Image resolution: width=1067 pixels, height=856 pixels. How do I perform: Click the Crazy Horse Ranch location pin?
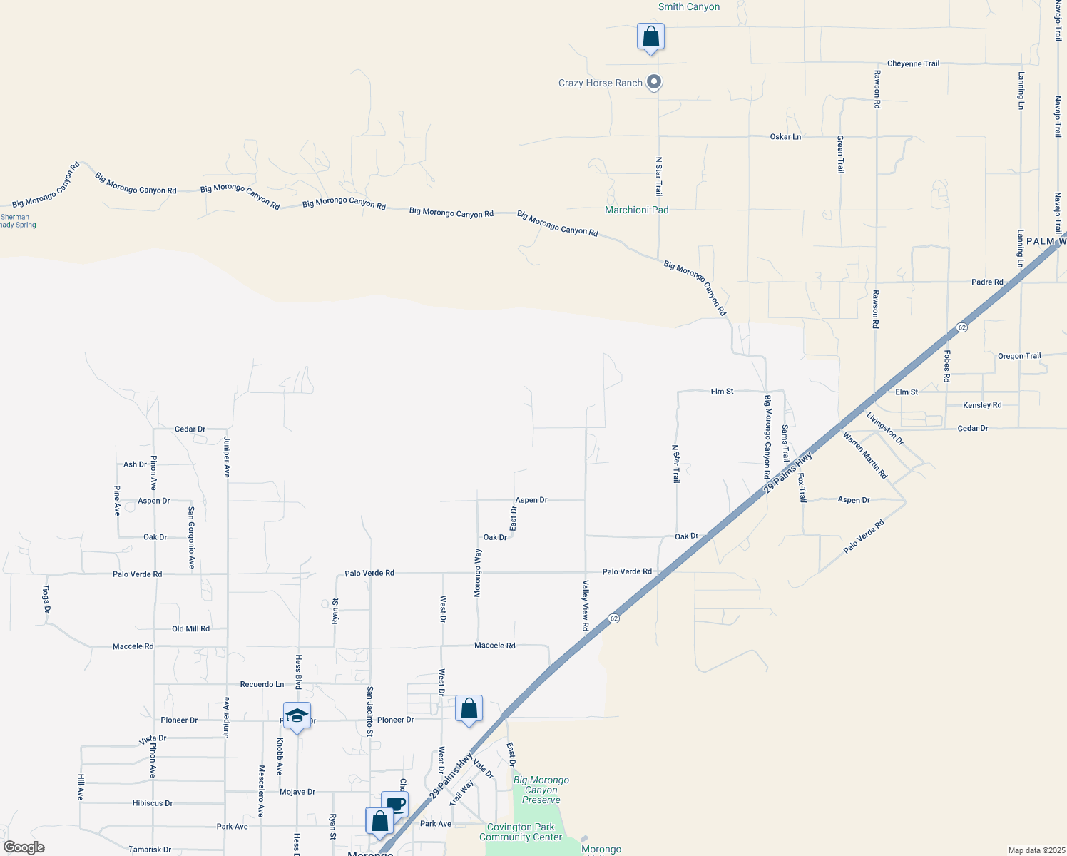pos(653,83)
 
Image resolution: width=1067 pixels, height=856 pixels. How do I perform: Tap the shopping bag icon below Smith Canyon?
pos(650,37)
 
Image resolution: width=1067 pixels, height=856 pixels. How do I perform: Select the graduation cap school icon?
pos(297,716)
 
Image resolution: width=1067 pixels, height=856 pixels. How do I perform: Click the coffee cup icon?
pos(395,804)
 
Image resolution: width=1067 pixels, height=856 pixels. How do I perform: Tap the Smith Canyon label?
pos(688,7)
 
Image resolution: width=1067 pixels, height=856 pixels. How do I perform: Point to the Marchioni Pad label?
pos(636,210)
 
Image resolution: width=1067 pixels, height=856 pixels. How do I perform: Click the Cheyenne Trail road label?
pos(913,64)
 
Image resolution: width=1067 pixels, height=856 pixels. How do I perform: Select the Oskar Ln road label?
pos(785,137)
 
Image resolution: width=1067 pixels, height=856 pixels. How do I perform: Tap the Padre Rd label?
pos(987,282)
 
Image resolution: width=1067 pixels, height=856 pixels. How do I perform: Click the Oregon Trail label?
pos(1019,356)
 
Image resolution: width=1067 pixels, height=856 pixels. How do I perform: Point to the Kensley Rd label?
pos(982,405)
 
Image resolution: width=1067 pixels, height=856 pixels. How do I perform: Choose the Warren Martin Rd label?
pos(865,455)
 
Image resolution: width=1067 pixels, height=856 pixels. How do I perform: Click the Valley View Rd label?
pos(586,606)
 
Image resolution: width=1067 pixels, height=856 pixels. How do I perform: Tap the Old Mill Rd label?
pos(190,629)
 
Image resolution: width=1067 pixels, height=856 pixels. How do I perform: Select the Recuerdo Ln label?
pos(262,685)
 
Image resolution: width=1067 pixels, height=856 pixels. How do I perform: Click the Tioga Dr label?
pos(46,599)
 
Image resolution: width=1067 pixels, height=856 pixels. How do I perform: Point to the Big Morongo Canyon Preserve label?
pos(541,790)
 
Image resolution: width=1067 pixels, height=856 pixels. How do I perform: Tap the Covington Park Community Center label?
pos(521,832)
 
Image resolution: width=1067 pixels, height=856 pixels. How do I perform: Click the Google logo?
pos(24,847)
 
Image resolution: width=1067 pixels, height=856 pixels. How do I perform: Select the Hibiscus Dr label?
pos(153,803)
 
